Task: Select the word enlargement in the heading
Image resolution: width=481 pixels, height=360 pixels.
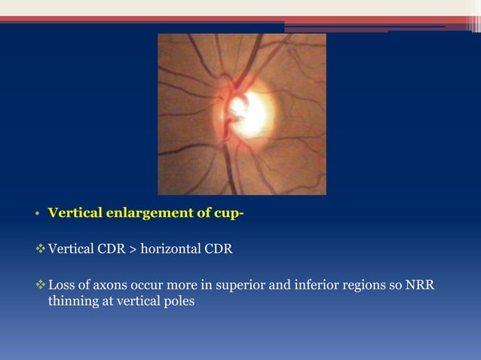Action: (142, 212)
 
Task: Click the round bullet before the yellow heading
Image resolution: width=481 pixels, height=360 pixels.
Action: (36, 213)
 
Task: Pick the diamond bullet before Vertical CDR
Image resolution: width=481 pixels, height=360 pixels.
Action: (41, 249)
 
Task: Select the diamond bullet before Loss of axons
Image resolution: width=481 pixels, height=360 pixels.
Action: (41, 286)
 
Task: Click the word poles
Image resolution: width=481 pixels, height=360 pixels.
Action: (179, 301)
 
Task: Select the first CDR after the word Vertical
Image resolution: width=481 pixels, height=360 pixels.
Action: (109, 249)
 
